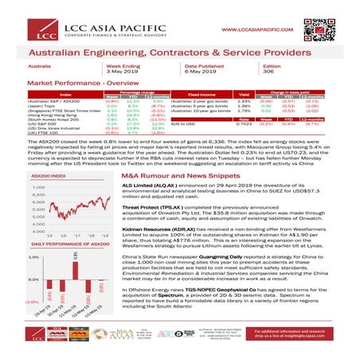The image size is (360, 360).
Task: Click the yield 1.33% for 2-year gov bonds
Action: [244, 101]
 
